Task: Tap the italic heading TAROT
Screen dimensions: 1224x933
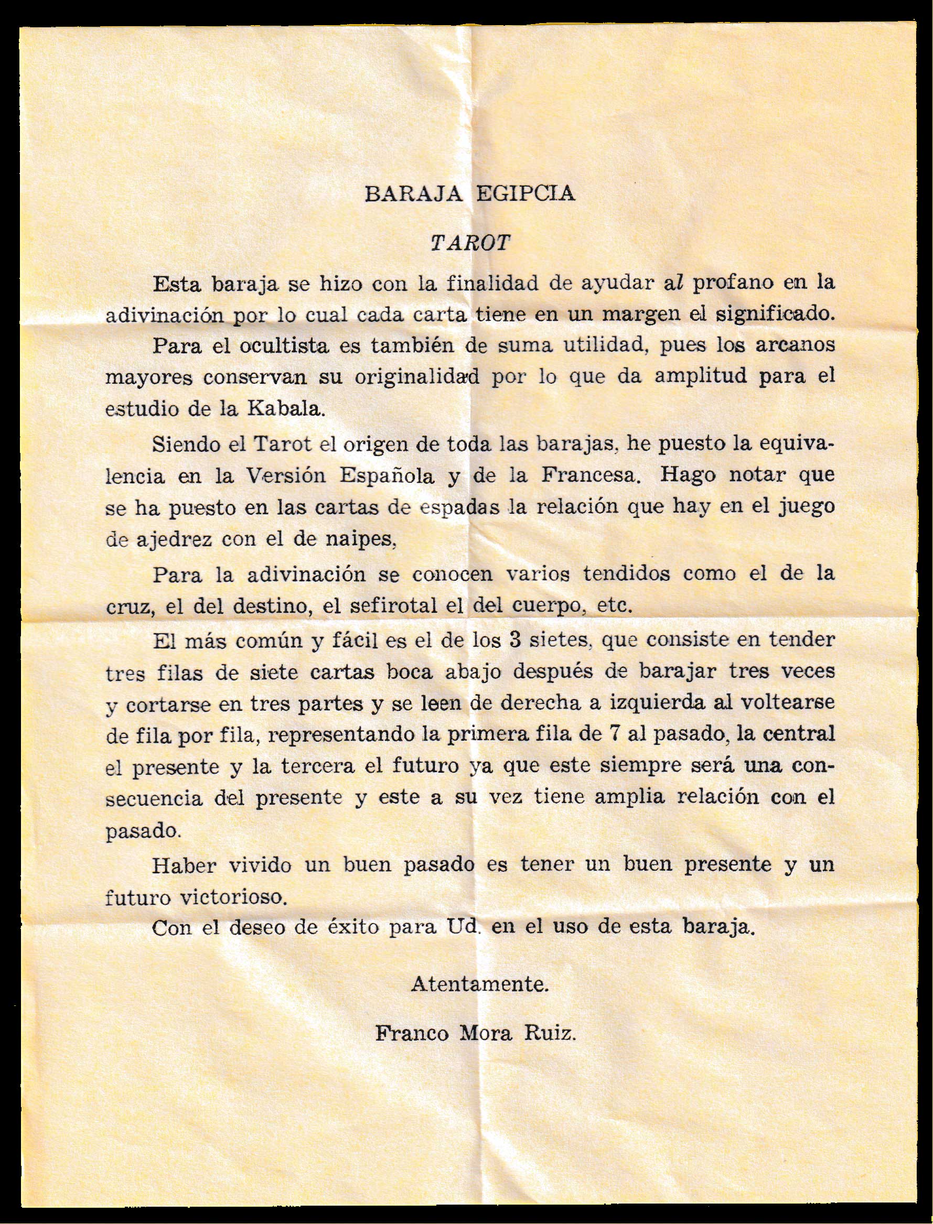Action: coord(470,244)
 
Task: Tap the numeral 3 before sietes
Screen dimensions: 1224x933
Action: coord(513,640)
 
